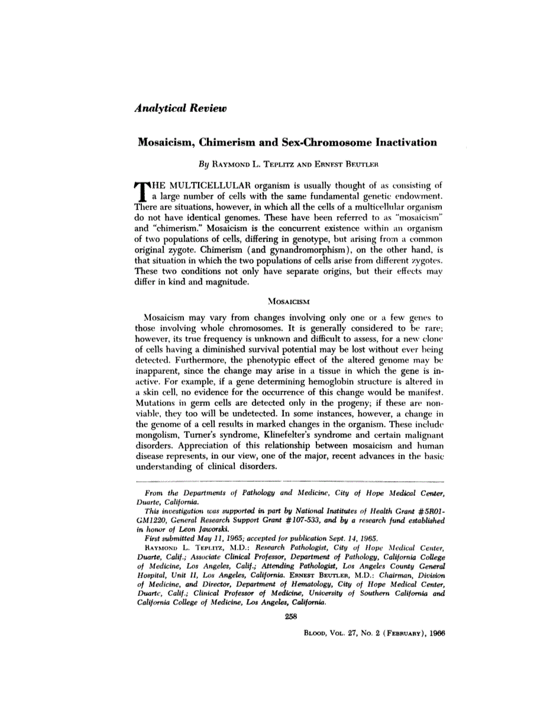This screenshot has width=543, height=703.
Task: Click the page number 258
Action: (x=290, y=615)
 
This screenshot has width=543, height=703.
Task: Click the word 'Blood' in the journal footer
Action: (x=314, y=631)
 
